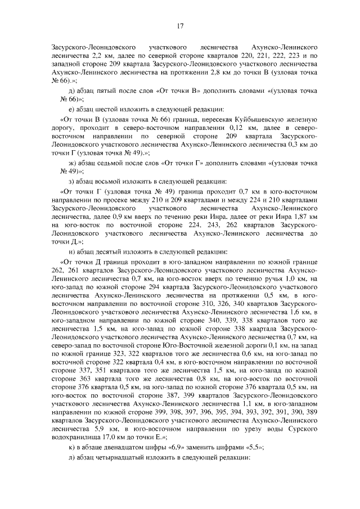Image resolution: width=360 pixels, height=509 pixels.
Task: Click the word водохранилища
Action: click(72, 421)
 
